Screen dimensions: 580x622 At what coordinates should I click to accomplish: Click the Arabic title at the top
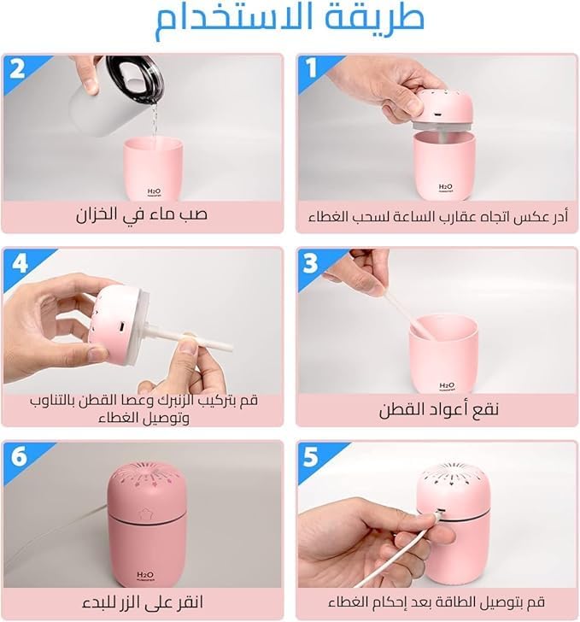(290, 20)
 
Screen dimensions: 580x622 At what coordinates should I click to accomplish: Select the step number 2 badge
(17, 68)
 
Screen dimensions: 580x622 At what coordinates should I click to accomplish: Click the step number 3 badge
(310, 263)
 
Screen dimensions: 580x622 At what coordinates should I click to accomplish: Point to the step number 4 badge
(20, 263)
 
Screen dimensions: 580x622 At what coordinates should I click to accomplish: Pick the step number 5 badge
(311, 457)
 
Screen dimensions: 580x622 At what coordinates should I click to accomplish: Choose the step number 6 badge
(19, 457)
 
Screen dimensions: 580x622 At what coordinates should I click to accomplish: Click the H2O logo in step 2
(154, 192)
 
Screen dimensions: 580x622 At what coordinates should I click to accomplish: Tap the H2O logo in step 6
(145, 576)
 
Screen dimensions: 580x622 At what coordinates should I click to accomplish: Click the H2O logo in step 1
(446, 187)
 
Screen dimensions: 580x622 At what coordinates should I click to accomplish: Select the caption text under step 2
(142, 214)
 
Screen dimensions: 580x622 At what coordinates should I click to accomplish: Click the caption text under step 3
(438, 409)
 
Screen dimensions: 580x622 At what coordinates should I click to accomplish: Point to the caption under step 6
(143, 602)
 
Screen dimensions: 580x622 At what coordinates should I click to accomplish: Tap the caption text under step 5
(436, 602)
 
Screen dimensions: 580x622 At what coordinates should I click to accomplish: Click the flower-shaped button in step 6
(145, 514)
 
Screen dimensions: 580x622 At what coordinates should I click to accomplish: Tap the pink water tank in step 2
(153, 169)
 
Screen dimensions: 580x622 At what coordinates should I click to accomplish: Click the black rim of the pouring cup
(136, 79)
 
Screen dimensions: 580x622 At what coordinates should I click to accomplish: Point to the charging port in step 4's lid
(122, 327)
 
